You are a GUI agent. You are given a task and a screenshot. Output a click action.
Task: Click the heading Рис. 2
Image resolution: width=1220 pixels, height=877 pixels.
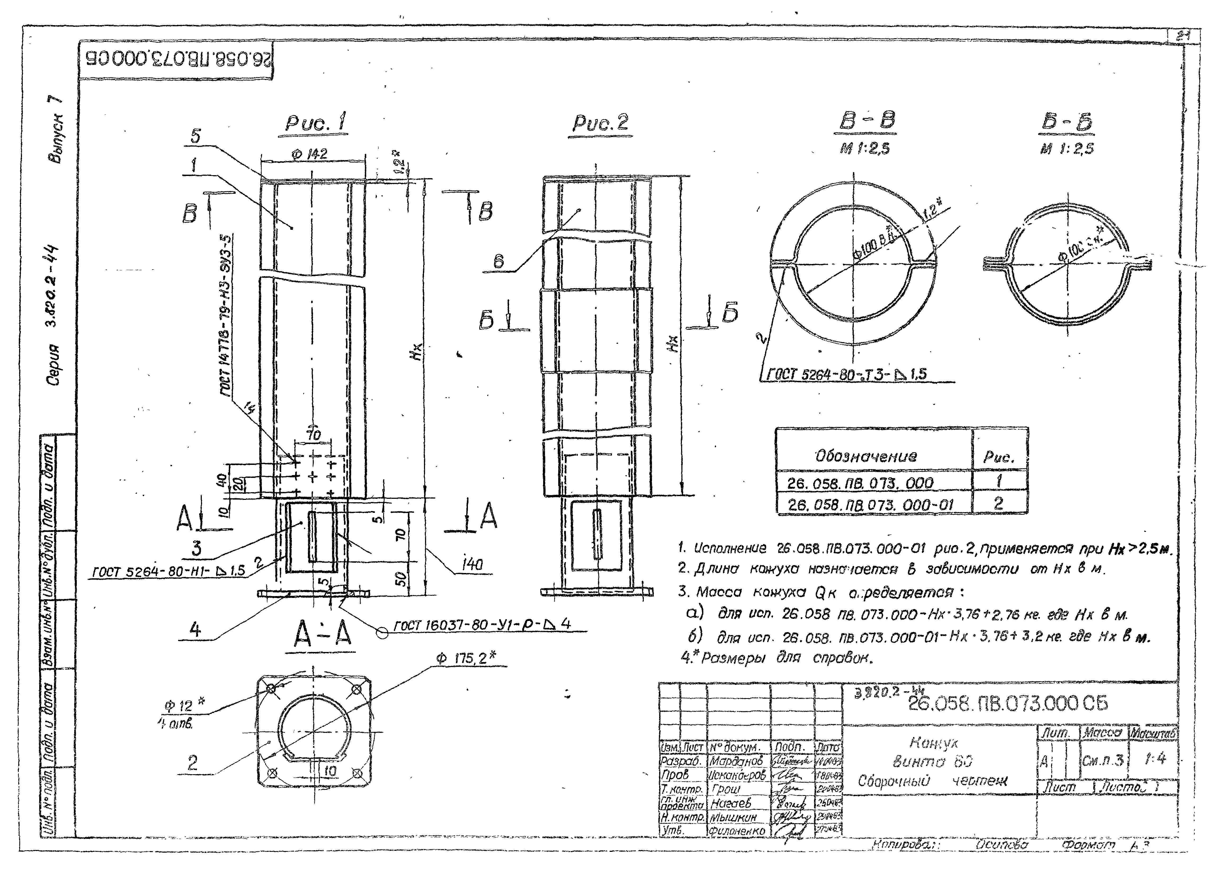click(x=600, y=124)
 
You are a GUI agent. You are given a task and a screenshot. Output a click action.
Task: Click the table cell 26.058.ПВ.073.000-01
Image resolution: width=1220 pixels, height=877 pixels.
click(x=870, y=504)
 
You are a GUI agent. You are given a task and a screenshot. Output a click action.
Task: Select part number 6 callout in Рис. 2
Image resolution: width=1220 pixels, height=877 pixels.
click(x=499, y=262)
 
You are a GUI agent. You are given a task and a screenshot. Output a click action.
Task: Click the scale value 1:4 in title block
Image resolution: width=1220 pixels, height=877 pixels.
click(x=1155, y=759)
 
